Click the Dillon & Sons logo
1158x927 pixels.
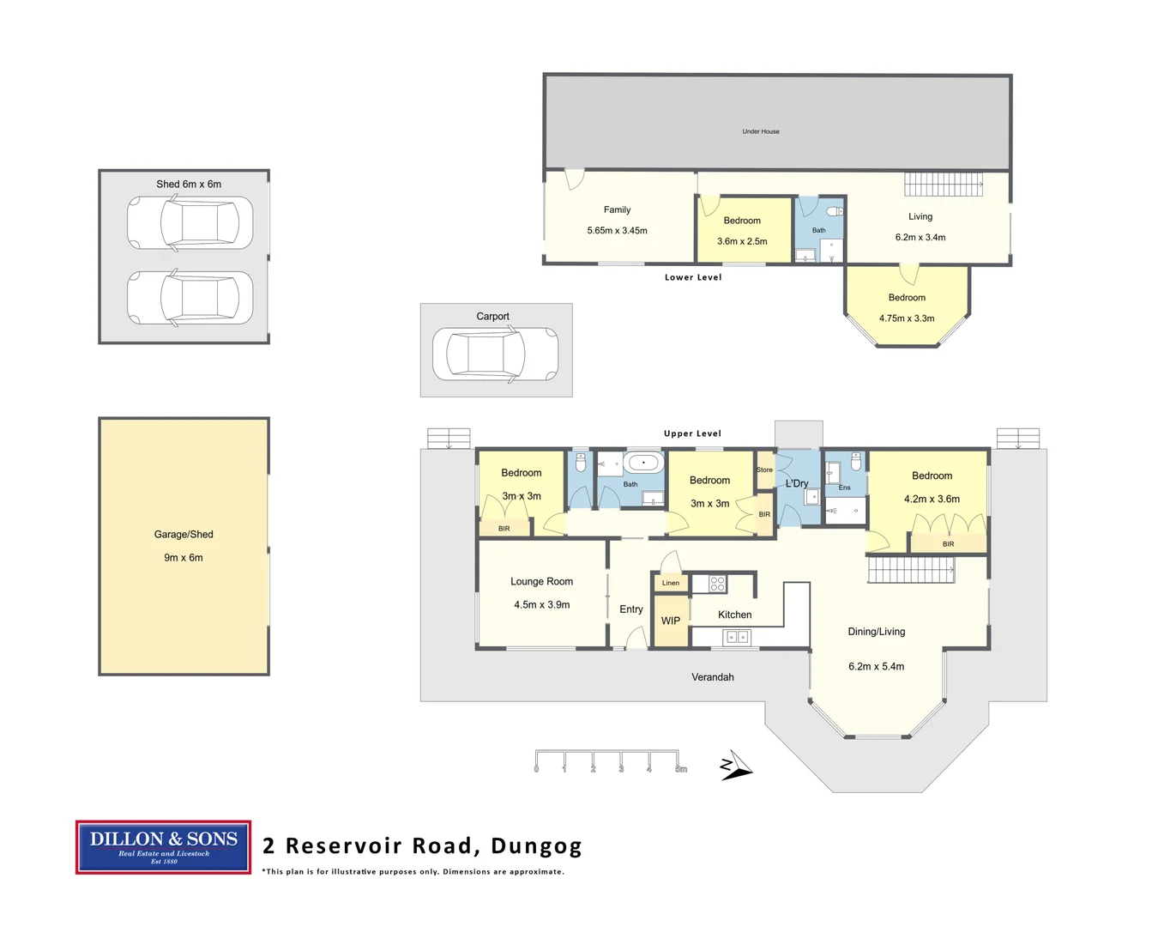[163, 846]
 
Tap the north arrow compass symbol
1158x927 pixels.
[736, 766]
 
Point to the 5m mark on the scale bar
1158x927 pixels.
[681, 769]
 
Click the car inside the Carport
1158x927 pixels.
[496, 354]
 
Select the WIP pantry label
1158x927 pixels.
[671, 621]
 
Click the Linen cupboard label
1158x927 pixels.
[671, 583]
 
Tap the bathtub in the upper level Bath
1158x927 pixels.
[643, 463]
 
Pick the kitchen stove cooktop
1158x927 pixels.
[717, 584]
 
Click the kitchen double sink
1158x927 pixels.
[737, 638]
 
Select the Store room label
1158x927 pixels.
[764, 470]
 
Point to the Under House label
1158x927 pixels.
[760, 131]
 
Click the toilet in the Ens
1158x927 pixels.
[855, 462]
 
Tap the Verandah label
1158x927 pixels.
[713, 677]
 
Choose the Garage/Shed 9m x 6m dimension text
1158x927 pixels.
[184, 558]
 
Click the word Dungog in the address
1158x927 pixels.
[536, 846]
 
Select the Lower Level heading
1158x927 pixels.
[693, 277]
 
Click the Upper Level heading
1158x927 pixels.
[692, 433]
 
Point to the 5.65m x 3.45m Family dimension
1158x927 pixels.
[618, 231]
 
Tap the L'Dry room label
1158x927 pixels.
[797, 483]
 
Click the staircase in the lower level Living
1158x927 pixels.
[944, 185]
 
